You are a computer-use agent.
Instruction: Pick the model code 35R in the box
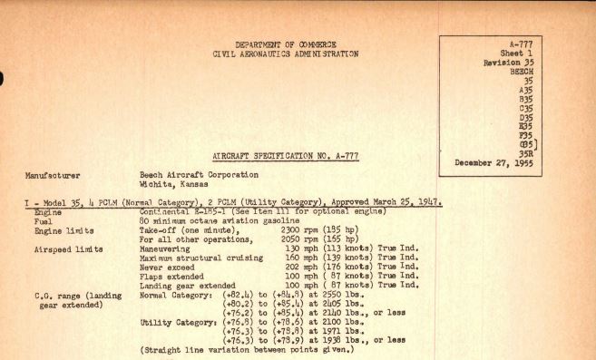(545, 152)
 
